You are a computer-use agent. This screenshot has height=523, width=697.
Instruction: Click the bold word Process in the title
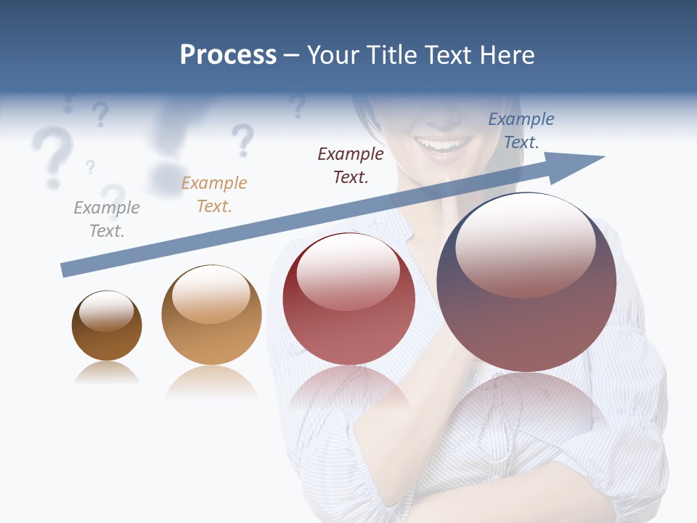pos(228,55)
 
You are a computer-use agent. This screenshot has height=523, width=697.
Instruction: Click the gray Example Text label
pos(107,219)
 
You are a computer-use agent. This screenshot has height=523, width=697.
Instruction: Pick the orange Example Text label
pos(214,195)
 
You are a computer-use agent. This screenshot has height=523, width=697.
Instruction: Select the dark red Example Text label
pos(351,165)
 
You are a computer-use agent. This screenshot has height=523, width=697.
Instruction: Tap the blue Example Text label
pos(521,131)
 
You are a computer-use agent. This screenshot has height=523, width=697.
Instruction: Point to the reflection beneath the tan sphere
pos(211,381)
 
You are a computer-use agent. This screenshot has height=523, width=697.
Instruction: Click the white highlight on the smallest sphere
pos(106,311)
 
